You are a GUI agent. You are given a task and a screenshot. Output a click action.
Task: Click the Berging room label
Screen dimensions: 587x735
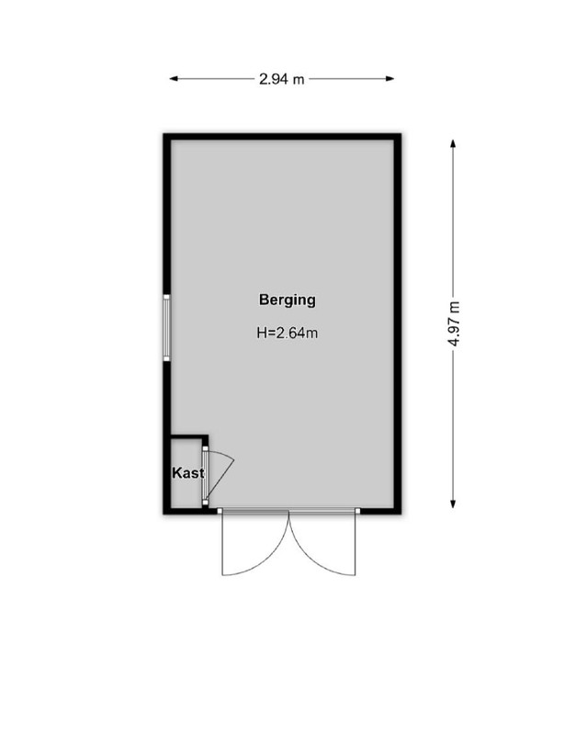coord(287,300)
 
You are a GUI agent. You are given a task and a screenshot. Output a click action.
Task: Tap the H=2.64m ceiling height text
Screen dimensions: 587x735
coord(287,333)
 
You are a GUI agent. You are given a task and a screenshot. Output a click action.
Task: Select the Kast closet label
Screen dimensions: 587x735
coord(188,473)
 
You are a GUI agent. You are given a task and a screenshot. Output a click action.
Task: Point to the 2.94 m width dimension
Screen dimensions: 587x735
coord(281,79)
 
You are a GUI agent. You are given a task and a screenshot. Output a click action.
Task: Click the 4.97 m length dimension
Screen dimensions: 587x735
coord(454,324)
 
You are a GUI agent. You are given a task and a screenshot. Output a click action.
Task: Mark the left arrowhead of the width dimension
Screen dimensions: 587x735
coord(174,79)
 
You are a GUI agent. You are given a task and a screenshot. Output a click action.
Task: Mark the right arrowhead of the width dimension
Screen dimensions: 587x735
coord(389,79)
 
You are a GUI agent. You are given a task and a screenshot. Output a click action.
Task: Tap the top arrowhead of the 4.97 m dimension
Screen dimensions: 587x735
coord(453,143)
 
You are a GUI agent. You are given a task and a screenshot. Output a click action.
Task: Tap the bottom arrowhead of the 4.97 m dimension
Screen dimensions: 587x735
coord(453,503)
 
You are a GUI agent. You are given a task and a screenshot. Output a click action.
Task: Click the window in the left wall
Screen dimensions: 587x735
coord(166,328)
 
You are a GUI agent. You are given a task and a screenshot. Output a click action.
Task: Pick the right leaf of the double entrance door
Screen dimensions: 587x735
coord(322,544)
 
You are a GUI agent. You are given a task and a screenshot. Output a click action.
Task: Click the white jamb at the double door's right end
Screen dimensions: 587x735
coord(357,511)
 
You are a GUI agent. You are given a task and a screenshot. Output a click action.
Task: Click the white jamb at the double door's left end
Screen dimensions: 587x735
coord(220,511)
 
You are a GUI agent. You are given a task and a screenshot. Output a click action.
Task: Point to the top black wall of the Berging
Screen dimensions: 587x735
coord(282,136)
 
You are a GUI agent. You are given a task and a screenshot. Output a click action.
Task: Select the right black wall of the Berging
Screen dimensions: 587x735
coord(398,324)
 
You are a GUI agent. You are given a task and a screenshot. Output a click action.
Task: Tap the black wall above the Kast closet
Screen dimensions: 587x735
coord(189,437)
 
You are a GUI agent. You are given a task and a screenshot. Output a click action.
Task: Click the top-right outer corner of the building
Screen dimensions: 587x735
coord(401,133)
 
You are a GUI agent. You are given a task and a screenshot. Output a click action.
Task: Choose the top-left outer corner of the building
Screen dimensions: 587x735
coord(164,133)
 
